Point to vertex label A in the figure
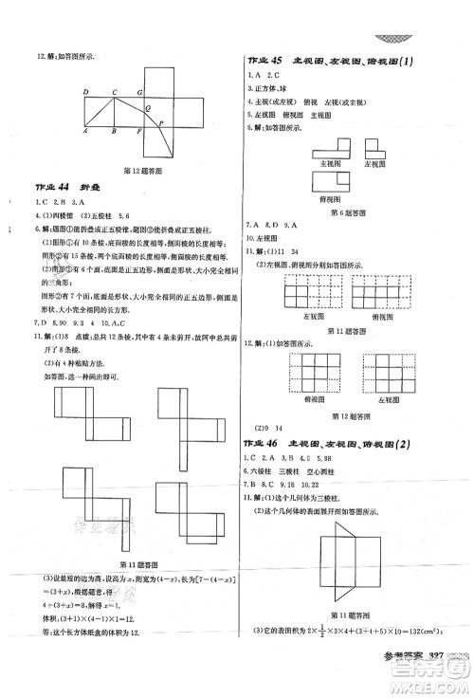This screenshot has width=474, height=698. pyautogui.click(x=84, y=132)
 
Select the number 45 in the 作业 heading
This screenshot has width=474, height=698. pyautogui.click(x=277, y=60)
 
